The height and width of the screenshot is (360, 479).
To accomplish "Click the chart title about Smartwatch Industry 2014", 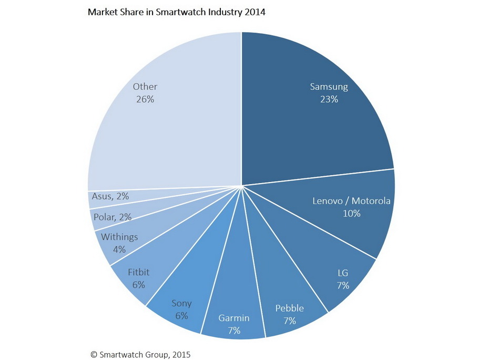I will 176,12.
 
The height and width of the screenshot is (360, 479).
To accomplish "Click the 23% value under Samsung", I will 329,99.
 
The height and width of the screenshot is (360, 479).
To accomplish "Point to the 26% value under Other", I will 145,99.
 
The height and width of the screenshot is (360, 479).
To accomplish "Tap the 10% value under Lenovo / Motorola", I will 351,214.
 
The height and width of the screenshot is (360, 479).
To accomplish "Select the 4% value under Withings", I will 119,249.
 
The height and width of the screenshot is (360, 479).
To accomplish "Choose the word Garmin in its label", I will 234,318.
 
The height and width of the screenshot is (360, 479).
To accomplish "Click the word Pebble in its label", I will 290,308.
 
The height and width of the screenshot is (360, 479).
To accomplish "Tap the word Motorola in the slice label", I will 371,201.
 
